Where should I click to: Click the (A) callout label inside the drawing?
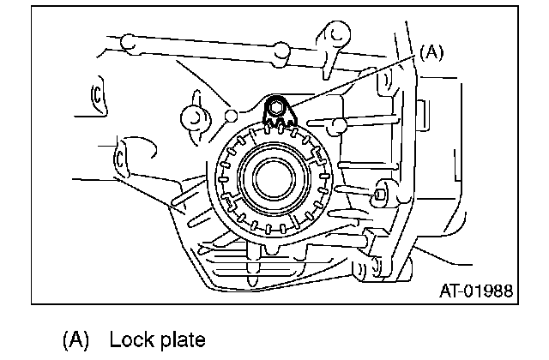click(x=431, y=53)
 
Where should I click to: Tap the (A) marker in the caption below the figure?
click(x=75, y=339)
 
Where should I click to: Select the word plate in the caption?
click(x=182, y=340)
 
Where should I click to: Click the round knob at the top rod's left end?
click(x=128, y=41)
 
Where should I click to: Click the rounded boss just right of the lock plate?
click(x=340, y=127)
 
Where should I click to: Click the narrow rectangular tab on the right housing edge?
click(x=423, y=112)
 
